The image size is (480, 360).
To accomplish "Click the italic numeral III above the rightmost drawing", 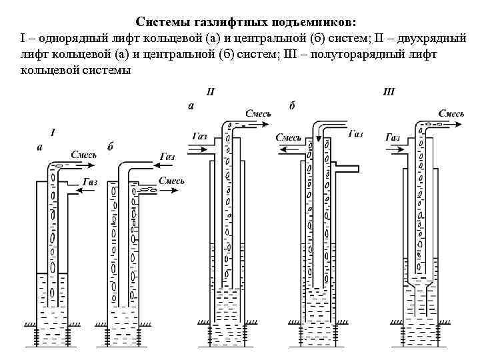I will pyautogui.click(x=389, y=91).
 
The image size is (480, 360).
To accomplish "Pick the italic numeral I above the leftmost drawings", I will pyautogui.click(x=53, y=133).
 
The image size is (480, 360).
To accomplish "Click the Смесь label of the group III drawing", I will pyautogui.click(x=451, y=114).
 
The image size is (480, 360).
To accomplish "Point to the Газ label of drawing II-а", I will pyautogui.click(x=199, y=136).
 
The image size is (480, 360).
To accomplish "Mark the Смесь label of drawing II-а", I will pyautogui.click(x=259, y=114).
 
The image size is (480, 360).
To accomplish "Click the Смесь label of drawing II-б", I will pyautogui.click(x=289, y=137).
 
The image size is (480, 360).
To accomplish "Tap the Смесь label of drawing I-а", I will pyautogui.click(x=83, y=155).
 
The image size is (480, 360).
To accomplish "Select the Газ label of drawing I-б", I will pyautogui.click(x=167, y=157).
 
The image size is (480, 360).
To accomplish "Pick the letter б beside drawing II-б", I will pyautogui.click(x=292, y=105).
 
